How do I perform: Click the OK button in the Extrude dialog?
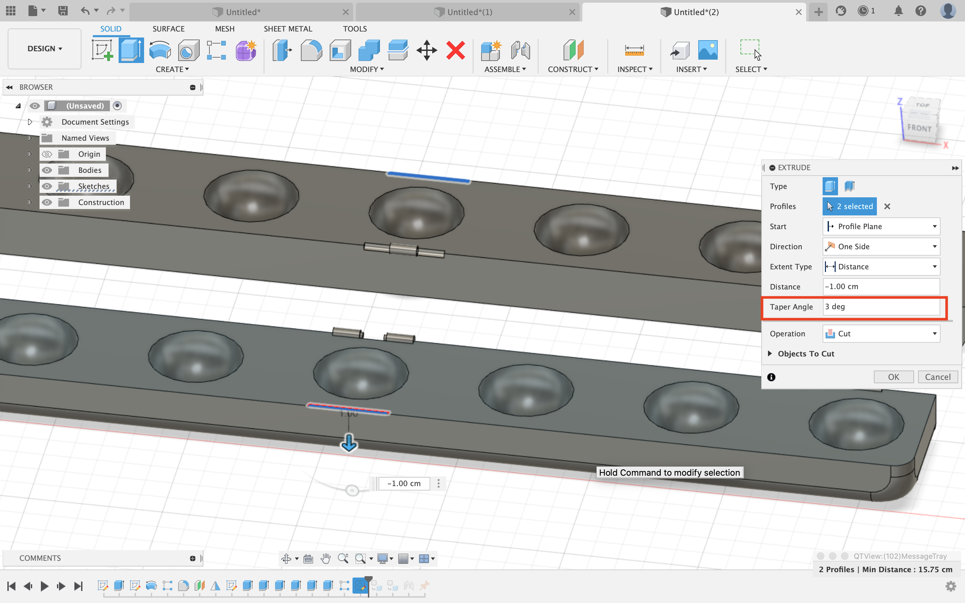coord(893,377)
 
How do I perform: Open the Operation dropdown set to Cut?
coord(881,334)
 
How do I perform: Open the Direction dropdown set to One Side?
coord(881,247)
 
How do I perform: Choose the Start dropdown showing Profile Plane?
coord(881,226)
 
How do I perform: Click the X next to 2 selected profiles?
coord(887,206)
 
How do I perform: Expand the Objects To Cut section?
coord(770,354)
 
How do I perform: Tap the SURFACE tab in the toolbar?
coord(168,29)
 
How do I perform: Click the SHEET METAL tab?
coord(287,29)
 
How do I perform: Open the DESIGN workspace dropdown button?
coord(44,49)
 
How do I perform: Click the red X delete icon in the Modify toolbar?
coord(455,51)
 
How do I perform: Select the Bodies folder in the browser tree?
coord(90,170)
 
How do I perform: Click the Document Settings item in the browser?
coord(95,122)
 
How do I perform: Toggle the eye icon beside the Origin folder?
coord(47,154)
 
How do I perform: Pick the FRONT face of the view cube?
coord(919,128)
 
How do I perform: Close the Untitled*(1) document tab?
coord(572,12)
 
